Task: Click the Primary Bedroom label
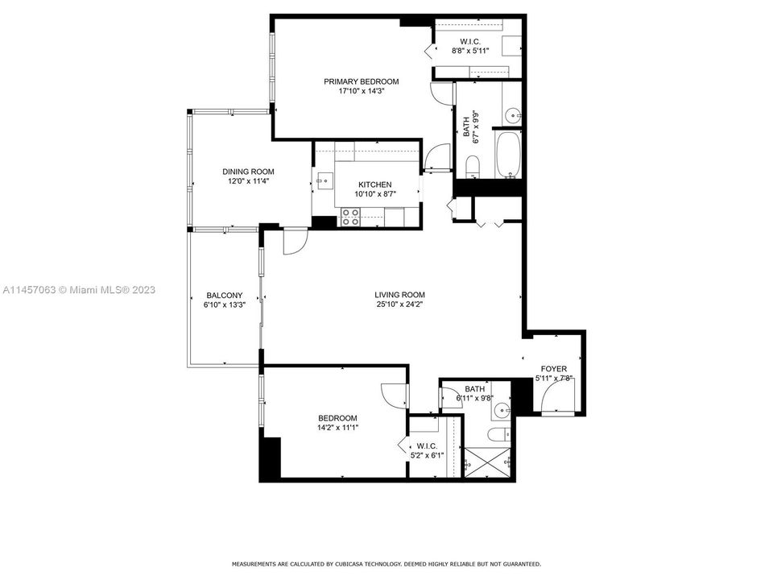tap(361, 81)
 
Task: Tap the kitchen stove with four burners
tap(351, 217)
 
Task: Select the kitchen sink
tap(324, 180)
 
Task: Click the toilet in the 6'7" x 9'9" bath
tap(473, 168)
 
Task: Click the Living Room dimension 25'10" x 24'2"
tap(399, 304)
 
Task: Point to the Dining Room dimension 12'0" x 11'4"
tap(248, 181)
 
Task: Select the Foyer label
tap(553, 369)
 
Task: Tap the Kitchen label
tap(374, 184)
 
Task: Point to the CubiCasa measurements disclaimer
tap(386, 564)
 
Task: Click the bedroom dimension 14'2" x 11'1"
tap(337, 428)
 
